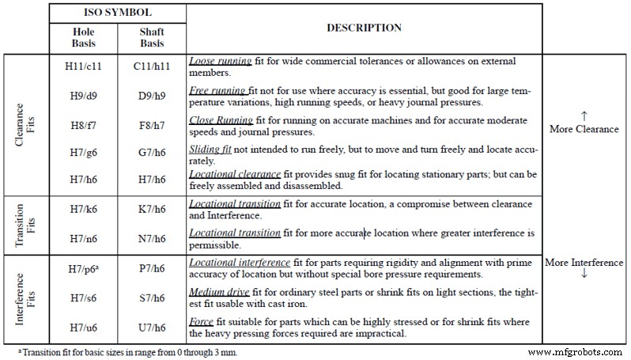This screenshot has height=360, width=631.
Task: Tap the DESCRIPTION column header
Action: coord(364,28)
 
